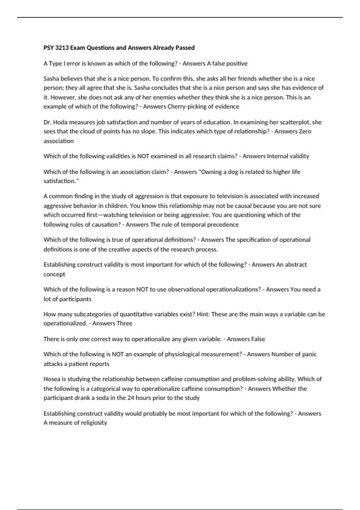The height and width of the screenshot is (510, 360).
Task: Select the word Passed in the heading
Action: tap(186, 48)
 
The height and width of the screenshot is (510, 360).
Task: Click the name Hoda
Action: tap(60, 122)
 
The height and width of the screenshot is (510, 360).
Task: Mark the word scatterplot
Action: tap(296, 122)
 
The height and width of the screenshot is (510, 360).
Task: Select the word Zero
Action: tap(305, 131)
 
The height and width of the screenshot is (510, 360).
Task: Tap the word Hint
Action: tap(203, 314)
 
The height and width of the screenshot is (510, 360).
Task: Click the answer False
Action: tap(258, 339)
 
